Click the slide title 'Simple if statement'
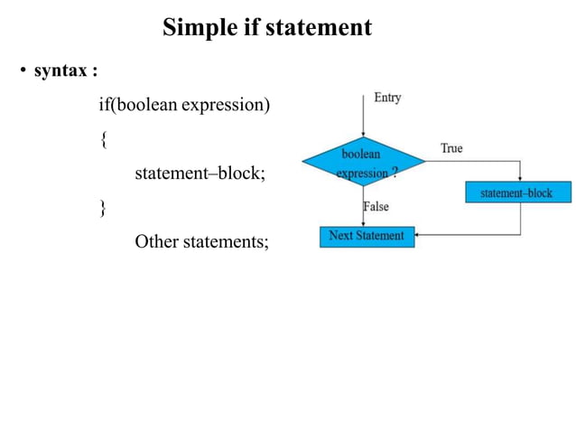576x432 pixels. pyautogui.click(x=266, y=28)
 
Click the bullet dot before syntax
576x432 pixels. pyautogui.click(x=24, y=71)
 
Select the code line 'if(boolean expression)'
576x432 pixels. pyautogui.click(x=184, y=106)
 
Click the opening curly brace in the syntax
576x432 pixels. pyautogui.click(x=103, y=140)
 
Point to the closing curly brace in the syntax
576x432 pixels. pyautogui.click(x=103, y=208)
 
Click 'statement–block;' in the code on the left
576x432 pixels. pyautogui.click(x=200, y=174)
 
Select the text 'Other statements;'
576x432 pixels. pyautogui.click(x=201, y=241)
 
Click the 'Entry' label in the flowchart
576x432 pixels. pyautogui.click(x=386, y=98)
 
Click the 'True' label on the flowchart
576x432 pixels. pyautogui.click(x=451, y=147)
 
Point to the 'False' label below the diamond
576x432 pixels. pyautogui.click(x=376, y=207)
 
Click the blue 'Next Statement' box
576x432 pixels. pyautogui.click(x=367, y=236)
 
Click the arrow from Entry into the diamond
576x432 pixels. pyautogui.click(x=363, y=117)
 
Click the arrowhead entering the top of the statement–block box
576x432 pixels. pyautogui.click(x=520, y=180)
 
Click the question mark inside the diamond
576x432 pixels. pyautogui.click(x=394, y=172)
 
